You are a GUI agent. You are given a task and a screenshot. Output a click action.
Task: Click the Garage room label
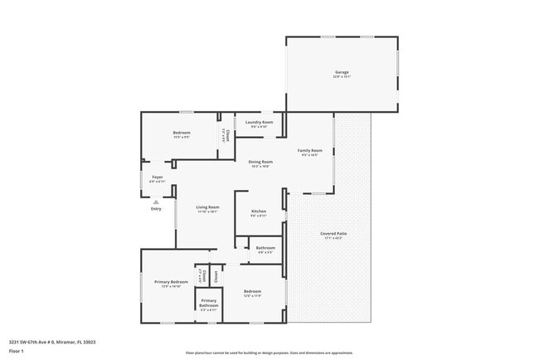click(342, 73)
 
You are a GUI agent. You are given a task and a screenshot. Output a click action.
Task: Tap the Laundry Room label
click(260, 123)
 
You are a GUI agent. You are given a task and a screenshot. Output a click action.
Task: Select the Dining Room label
click(260, 163)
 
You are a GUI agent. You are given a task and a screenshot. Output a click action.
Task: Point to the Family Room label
click(310, 150)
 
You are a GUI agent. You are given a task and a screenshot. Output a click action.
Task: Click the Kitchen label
click(259, 212)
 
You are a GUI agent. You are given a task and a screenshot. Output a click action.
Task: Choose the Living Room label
click(207, 207)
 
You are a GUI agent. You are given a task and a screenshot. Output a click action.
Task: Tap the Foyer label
click(157, 177)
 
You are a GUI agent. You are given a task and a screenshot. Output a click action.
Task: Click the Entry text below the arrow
click(156, 209)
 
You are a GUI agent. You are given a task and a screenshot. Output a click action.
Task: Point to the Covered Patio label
click(333, 234)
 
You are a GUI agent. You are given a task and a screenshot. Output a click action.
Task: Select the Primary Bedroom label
click(168, 282)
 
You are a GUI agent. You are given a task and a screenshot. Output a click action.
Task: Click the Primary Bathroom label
click(208, 302)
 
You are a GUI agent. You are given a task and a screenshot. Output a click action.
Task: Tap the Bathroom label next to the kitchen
click(265, 248)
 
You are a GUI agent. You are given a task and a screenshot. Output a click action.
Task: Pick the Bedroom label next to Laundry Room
click(182, 133)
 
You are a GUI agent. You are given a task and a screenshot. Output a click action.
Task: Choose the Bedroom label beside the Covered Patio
click(252, 291)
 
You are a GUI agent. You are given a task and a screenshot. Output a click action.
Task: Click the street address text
click(51, 341)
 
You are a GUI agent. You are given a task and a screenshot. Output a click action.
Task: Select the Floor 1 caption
click(17, 351)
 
